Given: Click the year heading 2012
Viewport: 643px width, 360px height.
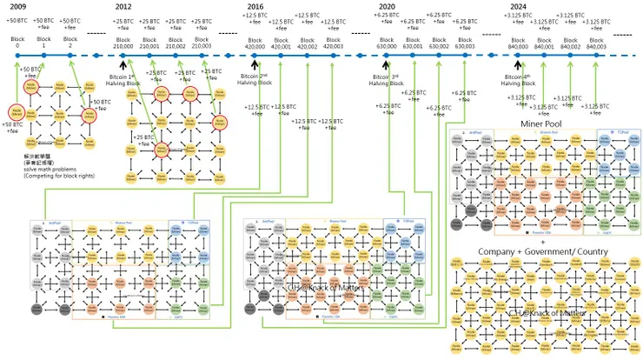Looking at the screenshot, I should coord(123,6).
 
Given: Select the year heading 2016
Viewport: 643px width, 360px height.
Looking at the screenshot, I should coord(255,6).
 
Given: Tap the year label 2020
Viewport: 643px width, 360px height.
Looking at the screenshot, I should coord(388,6).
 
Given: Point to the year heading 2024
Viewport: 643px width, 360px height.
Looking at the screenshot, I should coord(519,6).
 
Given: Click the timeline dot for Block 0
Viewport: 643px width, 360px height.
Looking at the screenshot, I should coord(17,55).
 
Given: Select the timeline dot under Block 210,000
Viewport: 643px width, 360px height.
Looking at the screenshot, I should coord(123,55).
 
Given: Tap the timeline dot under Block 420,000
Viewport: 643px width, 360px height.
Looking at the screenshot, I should coord(255,55).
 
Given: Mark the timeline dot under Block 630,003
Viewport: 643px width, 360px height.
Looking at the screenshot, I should coord(464,55).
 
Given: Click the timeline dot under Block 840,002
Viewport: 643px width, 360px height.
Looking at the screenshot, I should coord(570,55).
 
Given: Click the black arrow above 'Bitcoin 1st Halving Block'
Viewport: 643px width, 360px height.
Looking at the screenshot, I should coord(123,64).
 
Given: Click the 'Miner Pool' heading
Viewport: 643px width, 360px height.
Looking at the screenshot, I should coord(544,124).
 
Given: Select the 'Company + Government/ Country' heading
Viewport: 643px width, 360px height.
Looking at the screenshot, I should coord(544,250).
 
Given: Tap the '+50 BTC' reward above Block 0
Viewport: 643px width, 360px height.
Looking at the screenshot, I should coord(17,19).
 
